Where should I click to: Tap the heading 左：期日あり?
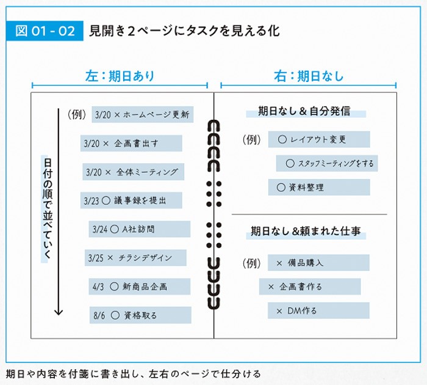pos(120,76)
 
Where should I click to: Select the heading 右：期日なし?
pos(309,76)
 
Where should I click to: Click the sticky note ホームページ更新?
pos(143,114)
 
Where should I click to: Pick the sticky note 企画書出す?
pos(131,143)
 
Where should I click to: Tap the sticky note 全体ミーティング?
pos(134,172)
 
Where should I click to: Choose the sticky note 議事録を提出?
pos(131,200)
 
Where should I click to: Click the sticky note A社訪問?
pos(139,229)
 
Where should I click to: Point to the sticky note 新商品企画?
pos(140,286)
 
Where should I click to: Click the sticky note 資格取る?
pos(140,315)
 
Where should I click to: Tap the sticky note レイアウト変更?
pos(318,139)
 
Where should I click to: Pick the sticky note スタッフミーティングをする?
pos(326,163)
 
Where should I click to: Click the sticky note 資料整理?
pos(318,188)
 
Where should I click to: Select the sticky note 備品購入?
pos(318,263)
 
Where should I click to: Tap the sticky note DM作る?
pos(318,310)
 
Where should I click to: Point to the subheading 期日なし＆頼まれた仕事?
pos(306,231)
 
